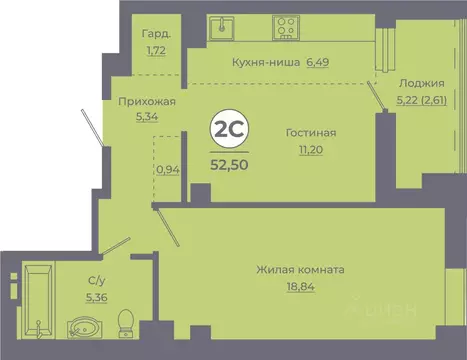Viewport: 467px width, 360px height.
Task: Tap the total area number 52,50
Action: [x=228, y=162]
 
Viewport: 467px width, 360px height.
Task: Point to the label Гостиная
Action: [x=310, y=132]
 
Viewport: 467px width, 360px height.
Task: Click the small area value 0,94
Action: [x=168, y=169]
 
